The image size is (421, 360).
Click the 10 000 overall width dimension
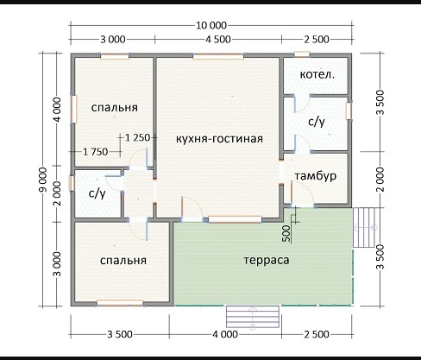211,26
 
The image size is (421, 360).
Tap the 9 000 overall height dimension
43,180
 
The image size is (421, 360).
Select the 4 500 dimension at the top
218,39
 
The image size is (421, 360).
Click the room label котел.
317,75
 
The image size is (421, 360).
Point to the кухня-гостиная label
219,139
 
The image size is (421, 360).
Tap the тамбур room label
316,176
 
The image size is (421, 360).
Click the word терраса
267,260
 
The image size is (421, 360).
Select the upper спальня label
115,107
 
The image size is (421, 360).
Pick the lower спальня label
123,261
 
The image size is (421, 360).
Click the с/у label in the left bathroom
97,193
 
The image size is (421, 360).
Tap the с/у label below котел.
317,122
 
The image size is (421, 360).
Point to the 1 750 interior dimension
95,152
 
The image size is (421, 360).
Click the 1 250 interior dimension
138,137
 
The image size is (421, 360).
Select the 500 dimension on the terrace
286,233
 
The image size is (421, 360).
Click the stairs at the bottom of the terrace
253,317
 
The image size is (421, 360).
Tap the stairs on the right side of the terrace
364,228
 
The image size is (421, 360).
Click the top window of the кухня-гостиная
218,57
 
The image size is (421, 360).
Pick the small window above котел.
302,54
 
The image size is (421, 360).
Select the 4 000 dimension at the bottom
225,334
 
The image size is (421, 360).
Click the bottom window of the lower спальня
120,303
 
